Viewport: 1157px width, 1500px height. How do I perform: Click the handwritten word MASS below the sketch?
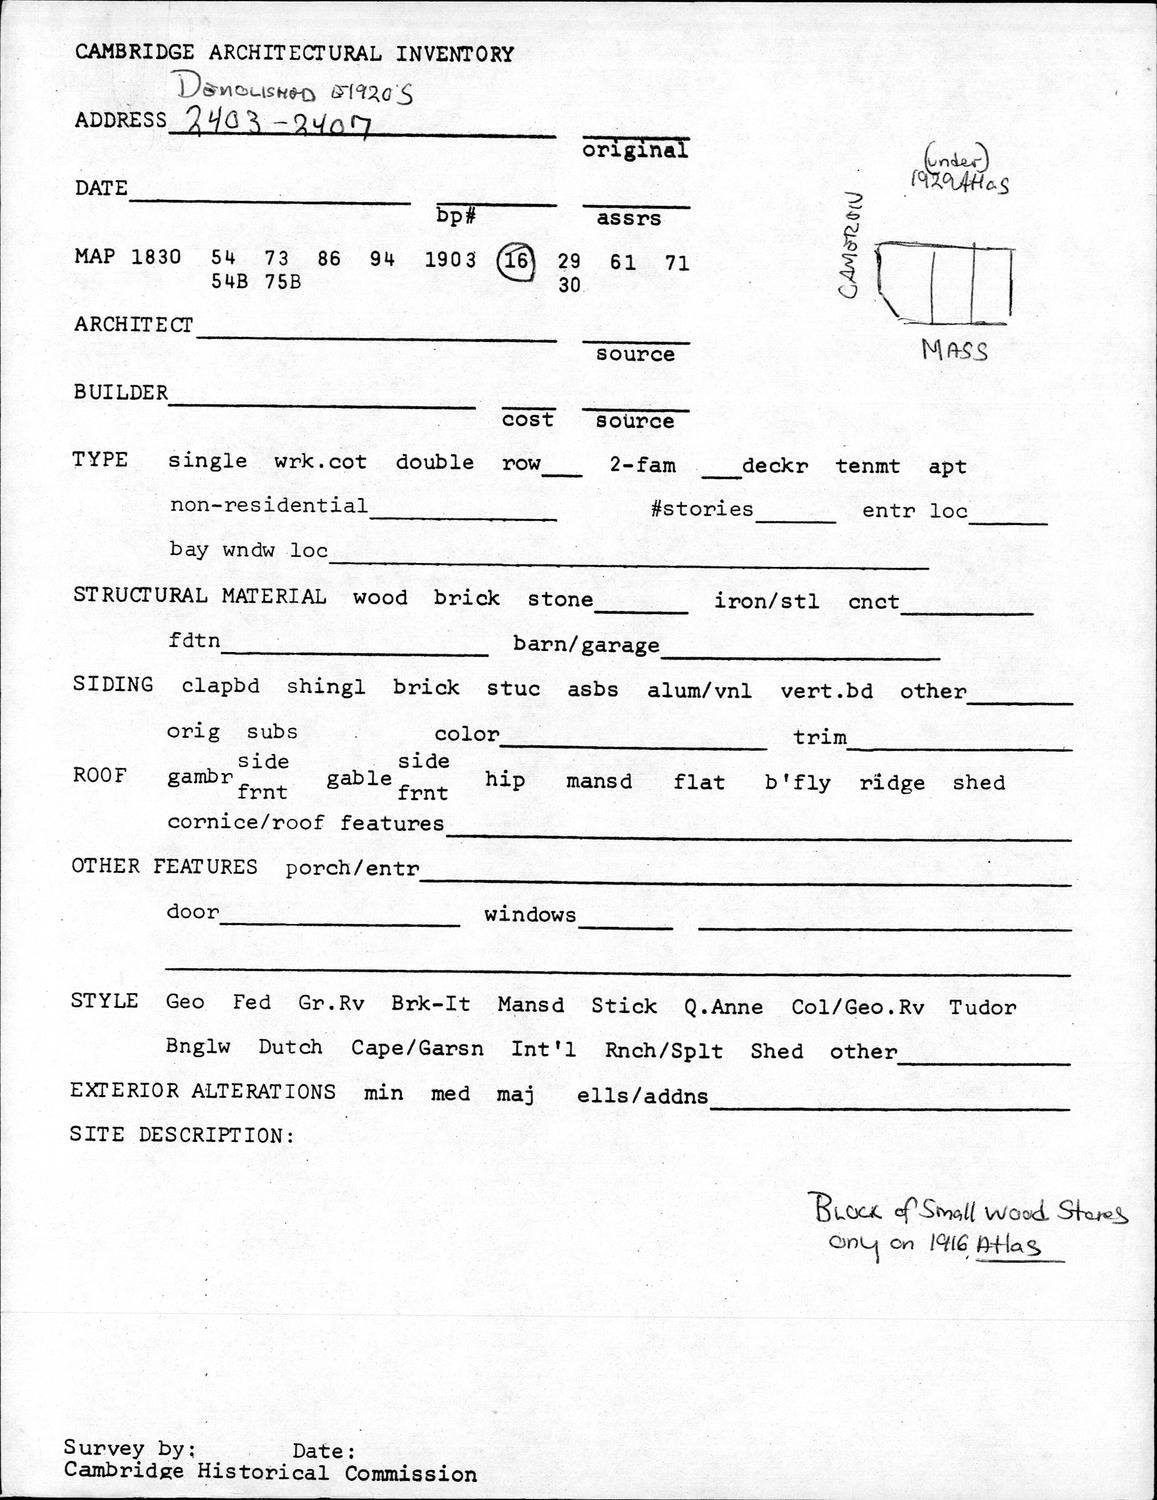tap(954, 351)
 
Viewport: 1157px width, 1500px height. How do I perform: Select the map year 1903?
tap(450, 260)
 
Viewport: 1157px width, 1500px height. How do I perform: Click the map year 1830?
tap(156, 256)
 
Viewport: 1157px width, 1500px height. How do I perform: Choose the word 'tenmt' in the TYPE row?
tap(868, 466)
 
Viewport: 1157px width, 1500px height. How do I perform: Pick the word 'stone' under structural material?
tap(560, 599)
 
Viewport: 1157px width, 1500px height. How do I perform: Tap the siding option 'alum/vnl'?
tap(699, 690)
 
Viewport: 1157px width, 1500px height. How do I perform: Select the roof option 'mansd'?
tap(599, 781)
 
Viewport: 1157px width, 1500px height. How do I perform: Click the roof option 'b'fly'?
tap(797, 782)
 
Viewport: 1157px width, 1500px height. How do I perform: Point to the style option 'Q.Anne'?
tap(724, 1007)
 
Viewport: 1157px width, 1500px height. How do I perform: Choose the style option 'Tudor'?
tap(982, 1007)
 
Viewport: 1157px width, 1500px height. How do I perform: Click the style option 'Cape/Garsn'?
tap(417, 1049)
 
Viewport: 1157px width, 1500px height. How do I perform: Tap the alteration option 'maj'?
tap(515, 1093)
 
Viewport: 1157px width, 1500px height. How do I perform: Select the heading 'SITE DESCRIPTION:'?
tap(182, 1135)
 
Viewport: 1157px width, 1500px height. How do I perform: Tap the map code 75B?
tap(283, 282)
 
